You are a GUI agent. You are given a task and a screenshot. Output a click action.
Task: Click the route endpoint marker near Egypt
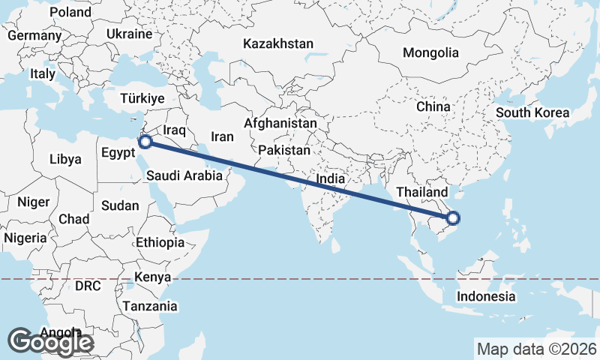pos(146,140)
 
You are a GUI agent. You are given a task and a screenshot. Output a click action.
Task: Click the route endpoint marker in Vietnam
pos(452,219)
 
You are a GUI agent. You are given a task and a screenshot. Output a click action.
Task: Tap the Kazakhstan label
pos(277,44)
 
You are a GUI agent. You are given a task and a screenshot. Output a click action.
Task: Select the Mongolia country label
pos(430,52)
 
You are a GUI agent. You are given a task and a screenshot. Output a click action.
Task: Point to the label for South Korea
pos(532,113)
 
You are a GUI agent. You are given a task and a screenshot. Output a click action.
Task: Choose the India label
pos(331,179)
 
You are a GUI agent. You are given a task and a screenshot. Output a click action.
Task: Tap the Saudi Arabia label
pos(184,176)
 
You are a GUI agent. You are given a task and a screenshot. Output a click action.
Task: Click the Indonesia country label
pos(486,296)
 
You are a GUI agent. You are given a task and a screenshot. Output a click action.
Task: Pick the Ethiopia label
pos(160,242)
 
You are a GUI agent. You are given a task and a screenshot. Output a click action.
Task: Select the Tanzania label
pos(151,306)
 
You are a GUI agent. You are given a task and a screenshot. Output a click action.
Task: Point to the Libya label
pos(64,159)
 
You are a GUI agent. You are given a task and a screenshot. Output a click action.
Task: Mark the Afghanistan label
pos(280,122)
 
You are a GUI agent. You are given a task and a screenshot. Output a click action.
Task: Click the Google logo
pos(51,342)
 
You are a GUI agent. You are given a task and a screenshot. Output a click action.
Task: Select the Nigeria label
pos(25,238)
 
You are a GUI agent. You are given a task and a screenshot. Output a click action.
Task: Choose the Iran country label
pos(222,136)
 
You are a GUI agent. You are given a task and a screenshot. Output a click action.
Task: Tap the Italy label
pos(43,74)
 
